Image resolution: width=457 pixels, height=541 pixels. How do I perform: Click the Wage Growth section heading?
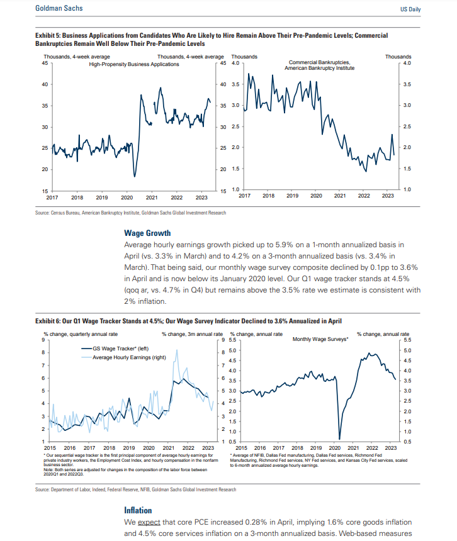[147, 233]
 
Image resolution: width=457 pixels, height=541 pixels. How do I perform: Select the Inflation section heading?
[138, 510]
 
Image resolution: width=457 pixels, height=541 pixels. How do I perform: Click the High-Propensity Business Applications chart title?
[134, 64]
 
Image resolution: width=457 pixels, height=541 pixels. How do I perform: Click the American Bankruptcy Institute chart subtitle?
[319, 68]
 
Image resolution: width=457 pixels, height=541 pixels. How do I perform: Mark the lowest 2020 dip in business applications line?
[135, 176]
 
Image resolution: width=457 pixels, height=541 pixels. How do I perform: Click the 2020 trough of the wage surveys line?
[339, 438]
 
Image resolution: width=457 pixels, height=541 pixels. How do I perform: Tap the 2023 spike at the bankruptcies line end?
[392, 135]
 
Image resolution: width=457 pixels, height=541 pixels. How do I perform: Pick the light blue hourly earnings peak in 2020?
[176, 350]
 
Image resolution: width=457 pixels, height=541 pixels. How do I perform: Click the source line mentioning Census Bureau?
[131, 213]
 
